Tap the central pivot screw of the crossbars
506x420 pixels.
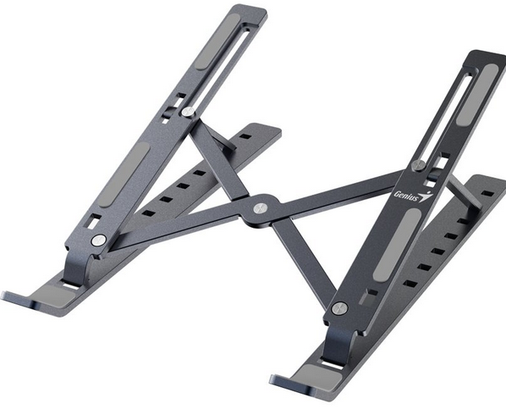coord(258,206)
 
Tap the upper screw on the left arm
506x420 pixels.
coord(187,111)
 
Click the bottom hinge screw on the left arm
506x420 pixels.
coord(99,240)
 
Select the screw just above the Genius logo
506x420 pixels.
coord(418,164)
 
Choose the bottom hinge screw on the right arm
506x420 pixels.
coord(339,308)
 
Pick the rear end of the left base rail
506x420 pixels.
coord(269,132)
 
